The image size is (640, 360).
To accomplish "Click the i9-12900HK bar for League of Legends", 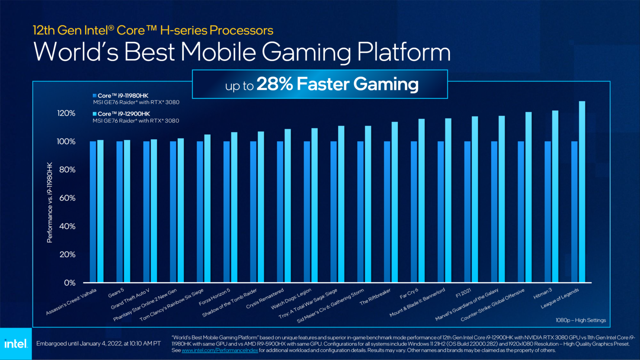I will [x=582, y=192].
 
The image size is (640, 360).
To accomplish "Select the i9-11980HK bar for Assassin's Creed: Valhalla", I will [x=93, y=212].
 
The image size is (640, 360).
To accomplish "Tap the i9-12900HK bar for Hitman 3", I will [x=555, y=197].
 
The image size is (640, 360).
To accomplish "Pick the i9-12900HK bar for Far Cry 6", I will [x=422, y=201].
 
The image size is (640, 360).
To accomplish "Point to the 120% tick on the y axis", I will [x=66, y=113].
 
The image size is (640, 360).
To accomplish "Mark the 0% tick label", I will [x=70, y=283].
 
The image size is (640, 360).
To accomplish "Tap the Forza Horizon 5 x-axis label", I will [x=215, y=297].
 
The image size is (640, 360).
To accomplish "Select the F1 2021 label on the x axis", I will [x=464, y=293].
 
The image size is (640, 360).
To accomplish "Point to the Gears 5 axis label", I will [x=116, y=293].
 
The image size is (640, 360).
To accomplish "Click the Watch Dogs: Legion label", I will [x=291, y=299].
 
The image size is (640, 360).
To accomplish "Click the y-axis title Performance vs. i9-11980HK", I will [x=50, y=202].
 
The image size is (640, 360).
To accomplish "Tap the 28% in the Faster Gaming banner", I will [x=275, y=84].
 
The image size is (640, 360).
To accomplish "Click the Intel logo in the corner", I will [x=16, y=344].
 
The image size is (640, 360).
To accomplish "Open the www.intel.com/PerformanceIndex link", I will [x=220, y=350].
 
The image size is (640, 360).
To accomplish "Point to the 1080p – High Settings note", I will [x=581, y=320].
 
